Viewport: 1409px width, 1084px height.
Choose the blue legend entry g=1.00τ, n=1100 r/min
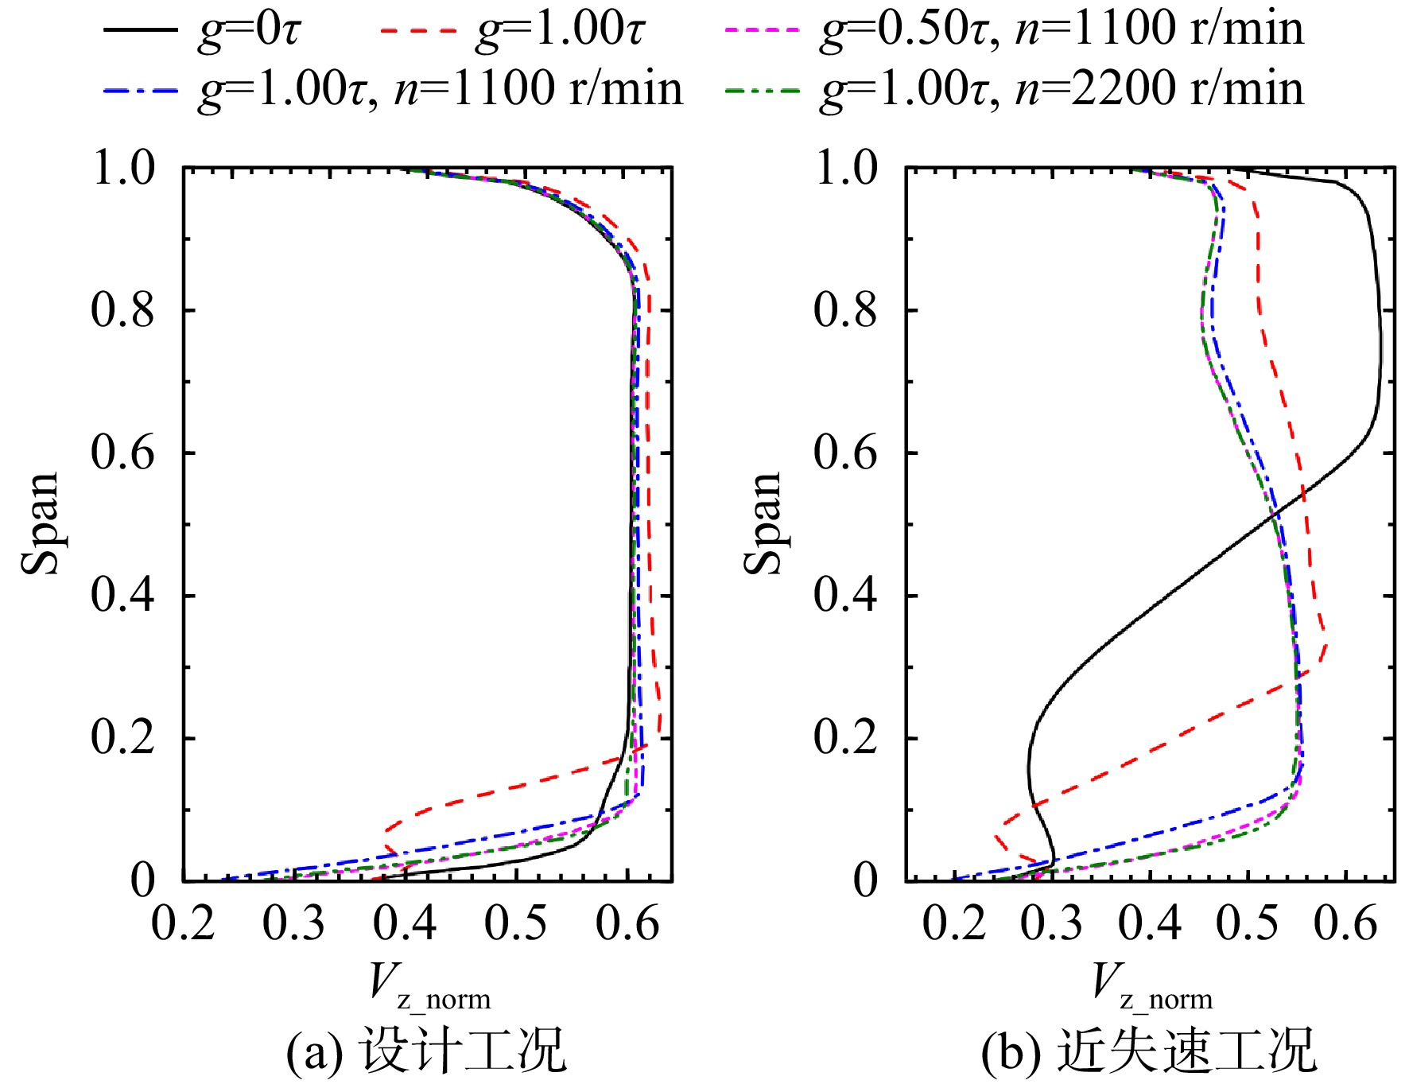pyautogui.click(x=394, y=88)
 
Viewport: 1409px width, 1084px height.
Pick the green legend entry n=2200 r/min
pyautogui.click(x=1015, y=88)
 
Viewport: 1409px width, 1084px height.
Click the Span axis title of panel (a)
pyautogui.click(x=40, y=523)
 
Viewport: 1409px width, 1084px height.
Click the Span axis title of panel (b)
pyautogui.click(x=763, y=523)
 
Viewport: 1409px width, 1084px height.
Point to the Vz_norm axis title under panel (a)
pyautogui.click(x=430, y=986)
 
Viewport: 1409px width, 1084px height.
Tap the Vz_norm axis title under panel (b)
pyautogui.click(x=1153, y=986)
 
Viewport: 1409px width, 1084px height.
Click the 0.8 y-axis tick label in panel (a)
pyautogui.click(x=122, y=309)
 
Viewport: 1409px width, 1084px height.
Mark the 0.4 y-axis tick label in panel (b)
pyautogui.click(x=845, y=595)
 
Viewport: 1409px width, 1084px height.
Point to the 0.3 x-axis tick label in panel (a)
pyautogui.click(x=294, y=924)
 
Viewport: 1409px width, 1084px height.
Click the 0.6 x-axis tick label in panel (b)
pyautogui.click(x=1345, y=924)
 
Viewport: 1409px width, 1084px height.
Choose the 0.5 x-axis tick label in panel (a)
pyautogui.click(x=516, y=924)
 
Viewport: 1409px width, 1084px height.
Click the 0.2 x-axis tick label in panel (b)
pyautogui.click(x=954, y=924)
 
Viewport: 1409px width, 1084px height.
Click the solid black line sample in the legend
pyautogui.click(x=141, y=30)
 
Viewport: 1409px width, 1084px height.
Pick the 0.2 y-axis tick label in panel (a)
pyautogui.click(x=122, y=738)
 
